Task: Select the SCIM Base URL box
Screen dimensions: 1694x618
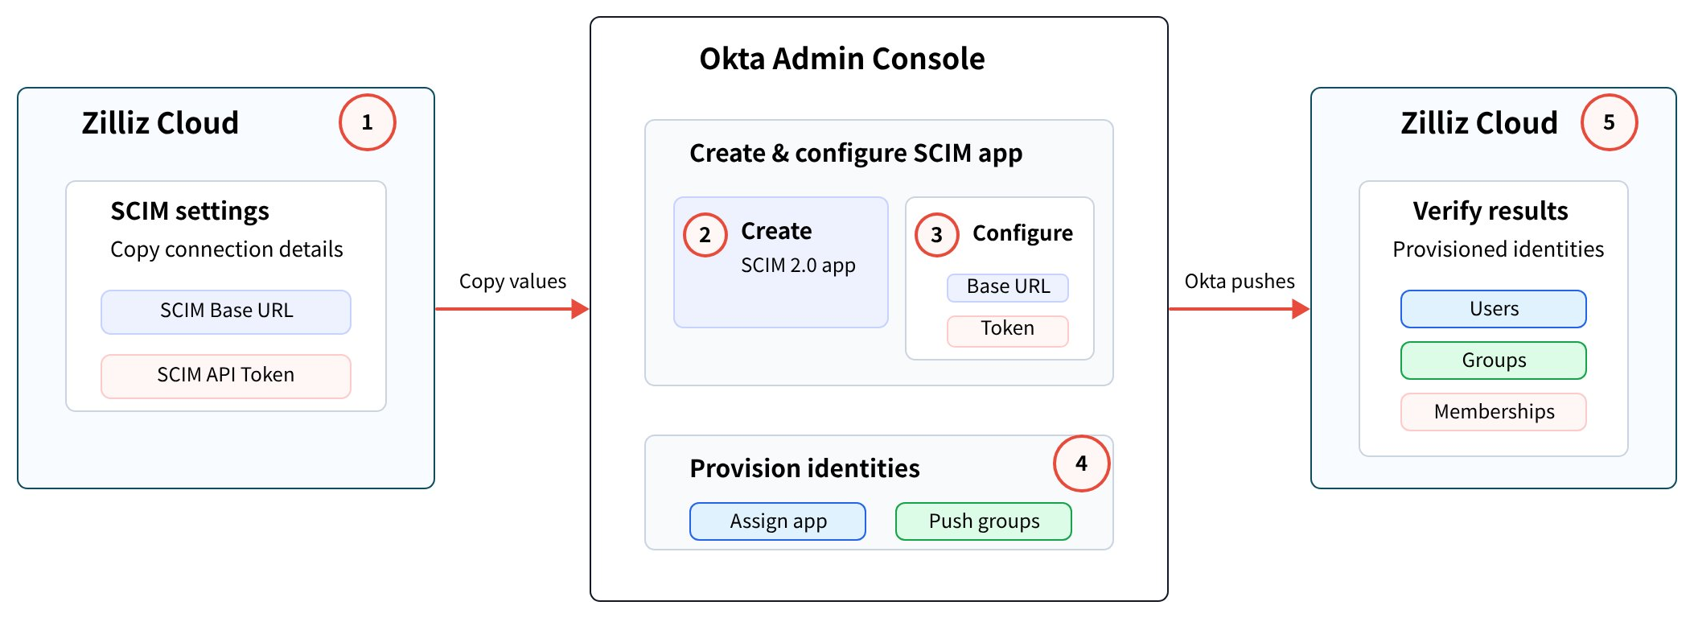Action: point(226,311)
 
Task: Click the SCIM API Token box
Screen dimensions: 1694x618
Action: point(226,376)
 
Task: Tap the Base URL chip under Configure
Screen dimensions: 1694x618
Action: point(1008,287)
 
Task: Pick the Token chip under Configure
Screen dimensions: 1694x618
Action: point(1008,331)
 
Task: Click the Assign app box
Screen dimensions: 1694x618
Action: point(778,521)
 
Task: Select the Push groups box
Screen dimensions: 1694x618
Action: point(984,521)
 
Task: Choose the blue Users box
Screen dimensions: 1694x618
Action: point(1494,309)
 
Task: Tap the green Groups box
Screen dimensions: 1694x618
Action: point(1494,360)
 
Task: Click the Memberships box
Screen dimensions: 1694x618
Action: point(1494,412)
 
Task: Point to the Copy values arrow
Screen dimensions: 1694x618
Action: point(512,309)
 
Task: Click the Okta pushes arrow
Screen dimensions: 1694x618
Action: point(1240,309)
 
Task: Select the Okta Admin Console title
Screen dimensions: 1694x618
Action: point(842,59)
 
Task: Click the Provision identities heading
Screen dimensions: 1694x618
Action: point(804,468)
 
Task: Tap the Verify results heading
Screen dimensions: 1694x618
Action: point(1490,211)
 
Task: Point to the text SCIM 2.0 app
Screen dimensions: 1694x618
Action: point(798,266)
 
